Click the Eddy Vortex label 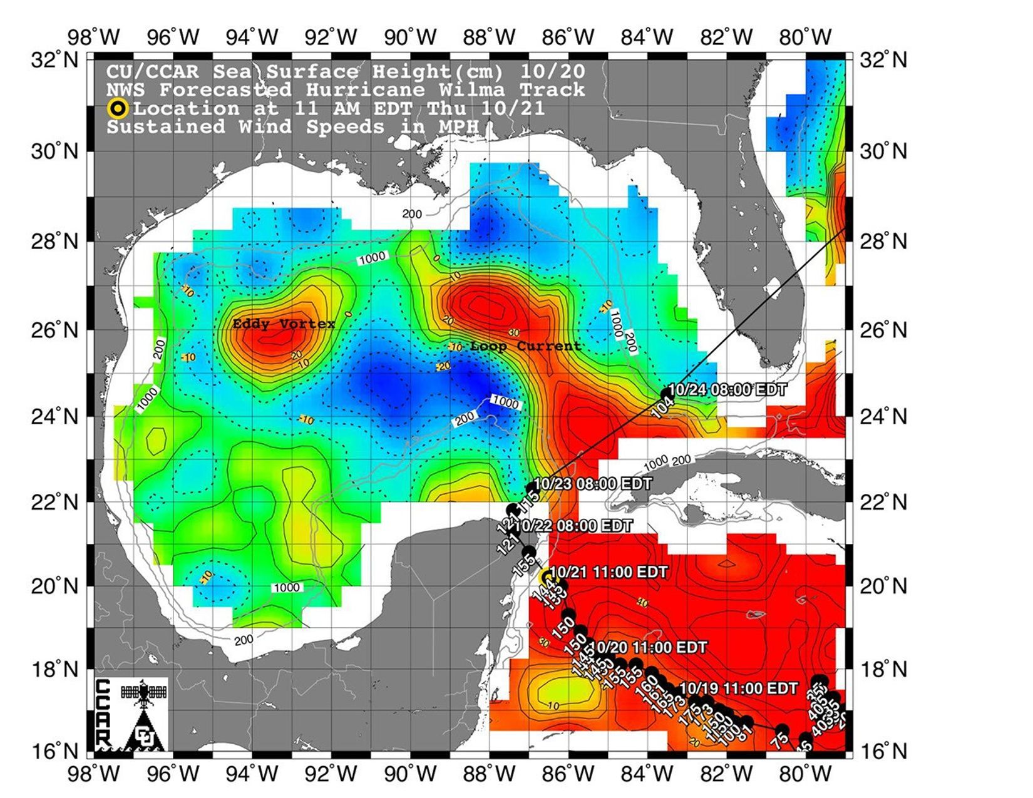284,324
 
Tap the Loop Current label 525,346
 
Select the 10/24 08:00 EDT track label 727,389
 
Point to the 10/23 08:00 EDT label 593,484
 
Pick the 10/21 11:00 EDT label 609,572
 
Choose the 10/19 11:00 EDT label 739,688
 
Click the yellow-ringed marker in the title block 118,108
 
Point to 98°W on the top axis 102,38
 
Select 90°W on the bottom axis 410,774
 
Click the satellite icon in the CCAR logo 145,694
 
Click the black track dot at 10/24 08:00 666,394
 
